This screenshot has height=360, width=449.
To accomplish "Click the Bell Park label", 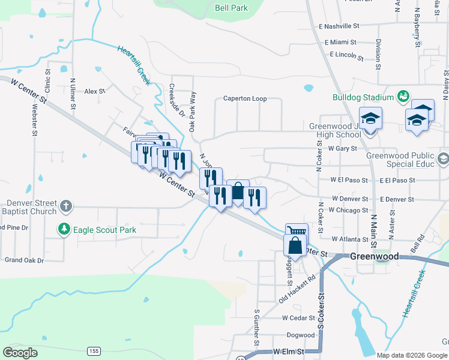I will coord(231,8).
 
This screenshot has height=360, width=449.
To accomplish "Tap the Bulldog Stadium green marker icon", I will coord(402,96).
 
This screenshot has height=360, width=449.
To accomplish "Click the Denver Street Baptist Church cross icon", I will coord(66,207).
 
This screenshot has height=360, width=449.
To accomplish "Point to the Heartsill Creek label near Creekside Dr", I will coord(133,67).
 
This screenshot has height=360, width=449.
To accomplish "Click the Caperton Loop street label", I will coord(244,98).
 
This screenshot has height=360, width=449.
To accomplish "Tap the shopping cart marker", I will coord(297,231).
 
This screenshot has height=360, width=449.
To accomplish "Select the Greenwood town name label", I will coord(375,256).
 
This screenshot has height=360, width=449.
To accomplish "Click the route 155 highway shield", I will coord(93,350).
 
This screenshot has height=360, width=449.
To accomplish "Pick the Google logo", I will coord(20,352).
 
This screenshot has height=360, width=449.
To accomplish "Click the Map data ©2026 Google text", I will coord(412,355).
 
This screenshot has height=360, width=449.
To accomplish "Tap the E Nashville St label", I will coord(339,26).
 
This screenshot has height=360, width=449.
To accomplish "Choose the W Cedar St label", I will coord(298,317).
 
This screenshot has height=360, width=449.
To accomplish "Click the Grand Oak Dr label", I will coord(24,260).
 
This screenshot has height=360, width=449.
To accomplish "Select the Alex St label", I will coord(95,91).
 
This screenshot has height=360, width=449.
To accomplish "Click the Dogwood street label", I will coord(301,335).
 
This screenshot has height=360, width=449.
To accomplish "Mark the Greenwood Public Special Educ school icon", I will coord(443,159).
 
